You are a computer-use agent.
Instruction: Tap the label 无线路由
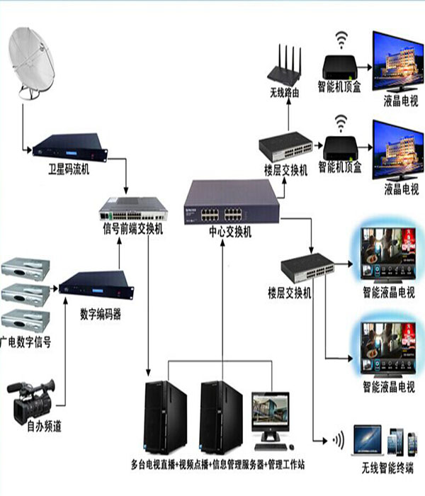tap(283, 93)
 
